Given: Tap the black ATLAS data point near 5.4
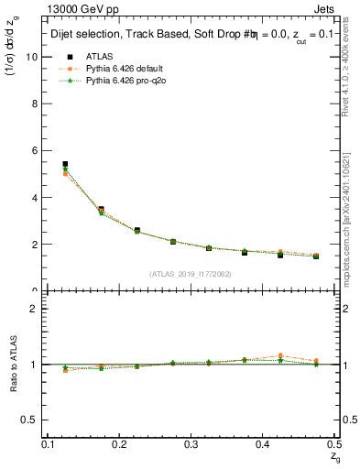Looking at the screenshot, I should click(65, 164).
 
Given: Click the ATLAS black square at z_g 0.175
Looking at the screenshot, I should click(101, 210).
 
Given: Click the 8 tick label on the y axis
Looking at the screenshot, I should click(36, 104).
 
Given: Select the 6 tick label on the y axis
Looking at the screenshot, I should click(36, 150).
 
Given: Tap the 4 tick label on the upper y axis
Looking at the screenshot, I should click(36, 198).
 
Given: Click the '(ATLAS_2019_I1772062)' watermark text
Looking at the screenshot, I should click(191, 273).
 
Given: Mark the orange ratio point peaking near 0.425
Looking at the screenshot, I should click(280, 355).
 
